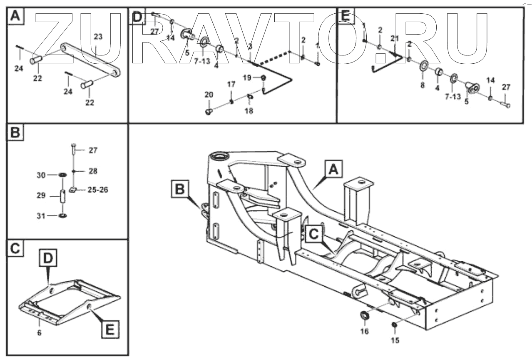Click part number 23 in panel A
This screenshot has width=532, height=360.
tap(98, 37)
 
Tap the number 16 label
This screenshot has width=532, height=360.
tap(365, 332)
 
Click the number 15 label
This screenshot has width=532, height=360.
tap(395, 340)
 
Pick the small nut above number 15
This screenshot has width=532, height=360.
tap(394, 325)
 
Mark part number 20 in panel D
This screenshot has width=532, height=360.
tap(209, 95)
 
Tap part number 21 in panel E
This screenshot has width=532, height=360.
tap(394, 38)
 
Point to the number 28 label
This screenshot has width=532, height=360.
tap(93, 171)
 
